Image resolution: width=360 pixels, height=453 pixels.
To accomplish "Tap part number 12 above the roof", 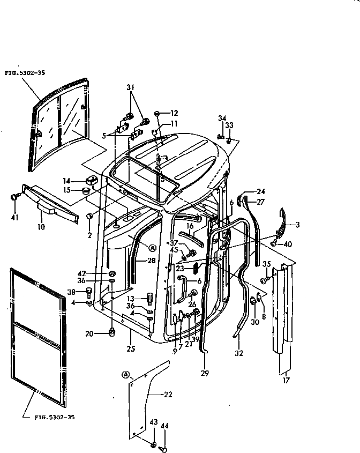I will [x=174, y=113].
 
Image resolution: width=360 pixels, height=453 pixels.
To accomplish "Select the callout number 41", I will [x=14, y=218].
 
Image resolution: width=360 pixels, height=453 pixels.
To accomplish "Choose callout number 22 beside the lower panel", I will [x=168, y=395].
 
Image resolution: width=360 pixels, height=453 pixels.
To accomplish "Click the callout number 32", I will [x=239, y=353].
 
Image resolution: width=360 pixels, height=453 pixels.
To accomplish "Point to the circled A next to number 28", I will [x=152, y=248].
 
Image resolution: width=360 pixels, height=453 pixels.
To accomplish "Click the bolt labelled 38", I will [x=89, y=292].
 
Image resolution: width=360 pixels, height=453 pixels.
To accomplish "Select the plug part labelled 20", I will [x=112, y=333].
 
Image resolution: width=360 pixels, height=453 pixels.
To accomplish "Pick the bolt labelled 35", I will [x=265, y=280].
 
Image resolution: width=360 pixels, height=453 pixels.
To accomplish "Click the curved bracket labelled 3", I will [x=284, y=222].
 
